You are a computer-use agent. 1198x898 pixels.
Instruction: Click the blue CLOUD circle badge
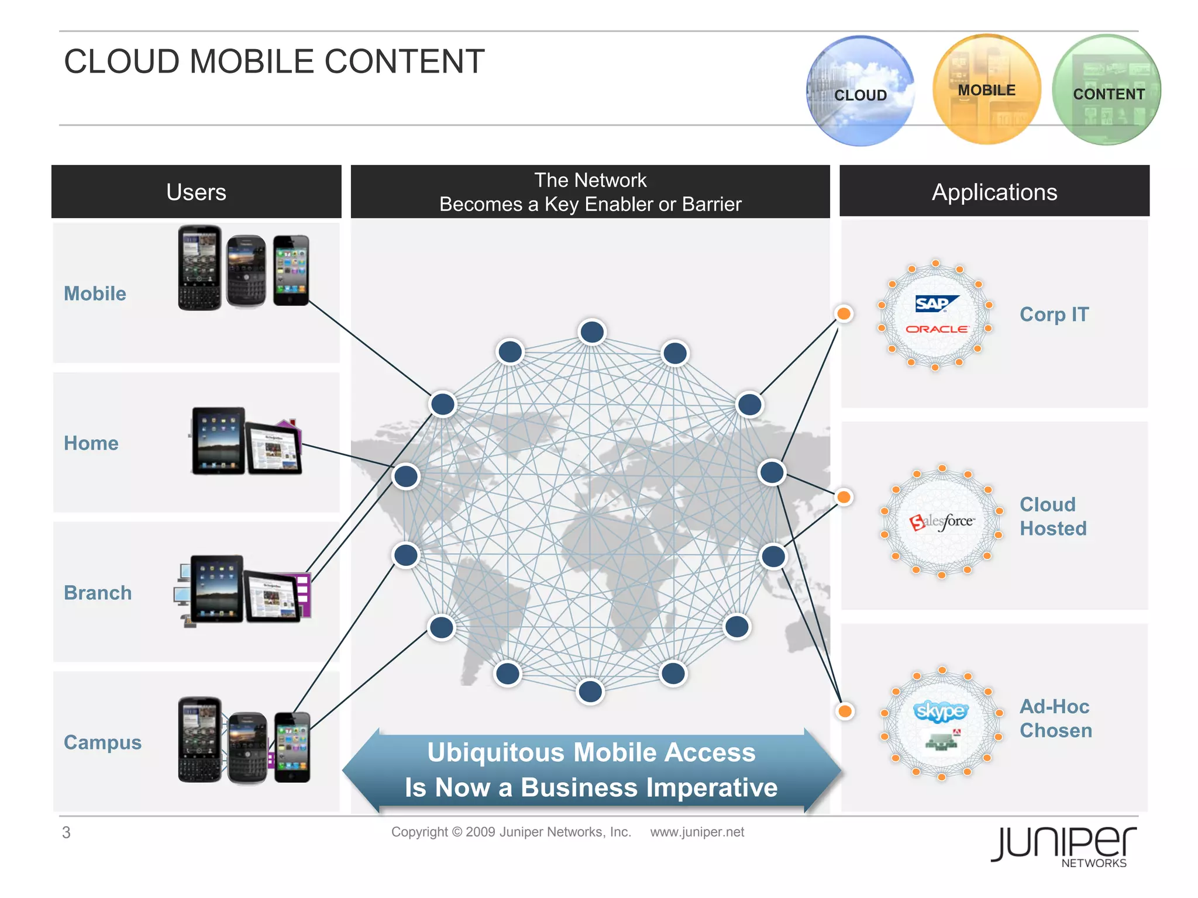[x=860, y=91]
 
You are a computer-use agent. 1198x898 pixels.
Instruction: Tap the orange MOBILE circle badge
[x=987, y=89]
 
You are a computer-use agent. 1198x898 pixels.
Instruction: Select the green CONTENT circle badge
[x=1107, y=91]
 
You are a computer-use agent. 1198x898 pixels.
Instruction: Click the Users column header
[x=197, y=192]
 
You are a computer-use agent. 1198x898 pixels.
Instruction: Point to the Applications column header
[x=994, y=192]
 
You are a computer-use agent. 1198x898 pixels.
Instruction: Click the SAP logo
[x=936, y=303]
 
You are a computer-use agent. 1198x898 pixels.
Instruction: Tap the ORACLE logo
[x=937, y=329]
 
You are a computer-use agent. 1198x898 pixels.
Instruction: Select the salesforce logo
[x=942, y=521]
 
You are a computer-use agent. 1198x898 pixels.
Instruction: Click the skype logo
[x=941, y=711]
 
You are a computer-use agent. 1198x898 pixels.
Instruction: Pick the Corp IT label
[x=1054, y=315]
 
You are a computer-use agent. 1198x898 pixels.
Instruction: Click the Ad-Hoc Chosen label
[x=1055, y=719]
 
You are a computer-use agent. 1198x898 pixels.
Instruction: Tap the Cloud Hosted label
[x=1053, y=516]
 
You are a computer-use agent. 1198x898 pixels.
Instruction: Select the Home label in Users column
[x=91, y=443]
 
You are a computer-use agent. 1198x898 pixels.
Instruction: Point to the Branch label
[x=98, y=593]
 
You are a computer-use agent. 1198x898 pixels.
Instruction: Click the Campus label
[x=102, y=742]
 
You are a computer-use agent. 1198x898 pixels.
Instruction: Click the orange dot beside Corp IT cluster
[x=844, y=314]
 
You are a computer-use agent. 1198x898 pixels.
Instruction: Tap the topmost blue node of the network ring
[x=592, y=332]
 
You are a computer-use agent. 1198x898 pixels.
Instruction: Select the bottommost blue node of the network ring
[x=590, y=692]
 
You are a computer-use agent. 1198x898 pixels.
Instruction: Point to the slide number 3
[x=67, y=833]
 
